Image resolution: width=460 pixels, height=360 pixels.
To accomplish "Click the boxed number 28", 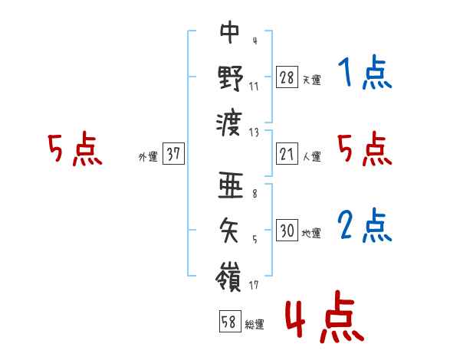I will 287,77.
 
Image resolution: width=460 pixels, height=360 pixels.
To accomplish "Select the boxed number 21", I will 287,154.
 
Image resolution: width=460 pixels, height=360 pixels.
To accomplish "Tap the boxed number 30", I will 287,231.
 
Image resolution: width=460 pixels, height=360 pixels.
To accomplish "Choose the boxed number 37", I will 173,154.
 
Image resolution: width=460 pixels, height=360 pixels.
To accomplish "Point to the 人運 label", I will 311,156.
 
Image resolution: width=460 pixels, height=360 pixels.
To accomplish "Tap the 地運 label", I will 311,233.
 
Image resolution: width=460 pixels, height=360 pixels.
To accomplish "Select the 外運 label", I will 148,156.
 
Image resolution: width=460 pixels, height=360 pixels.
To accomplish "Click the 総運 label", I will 255,324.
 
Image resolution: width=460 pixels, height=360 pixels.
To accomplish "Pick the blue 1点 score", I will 364,75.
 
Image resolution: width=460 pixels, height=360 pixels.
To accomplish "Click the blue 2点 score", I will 364,227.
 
